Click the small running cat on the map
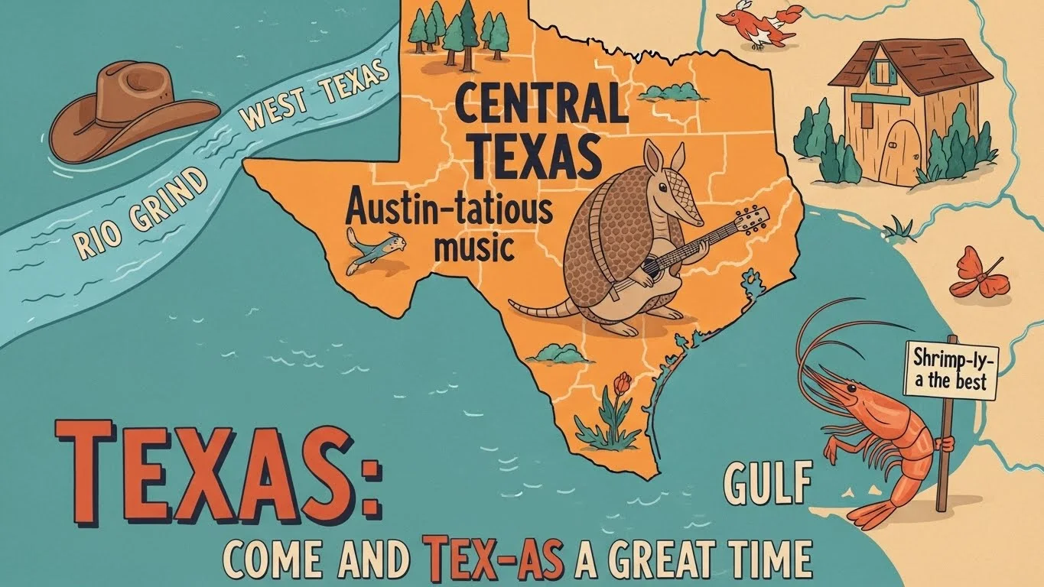coord(374,248)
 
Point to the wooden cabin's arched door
coord(899,153)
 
